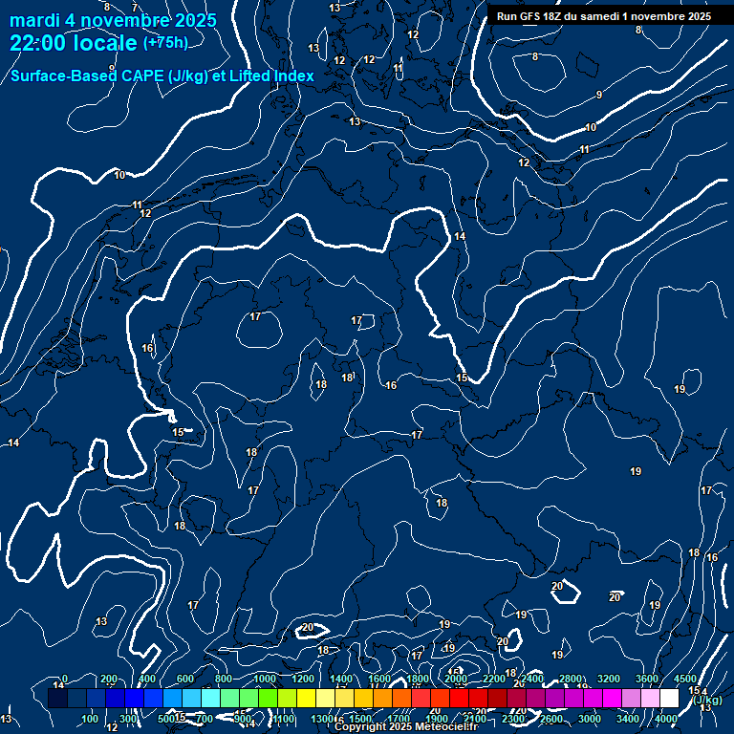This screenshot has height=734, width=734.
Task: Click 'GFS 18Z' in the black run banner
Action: click(540, 16)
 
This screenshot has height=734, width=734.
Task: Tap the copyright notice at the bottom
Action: click(406, 727)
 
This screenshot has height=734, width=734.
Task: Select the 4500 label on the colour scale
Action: click(685, 679)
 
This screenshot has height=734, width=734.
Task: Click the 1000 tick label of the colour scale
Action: click(264, 679)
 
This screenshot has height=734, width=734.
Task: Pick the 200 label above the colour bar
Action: click(108, 679)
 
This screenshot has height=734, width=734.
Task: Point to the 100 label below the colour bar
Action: click(90, 719)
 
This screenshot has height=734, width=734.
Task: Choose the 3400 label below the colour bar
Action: click(628, 719)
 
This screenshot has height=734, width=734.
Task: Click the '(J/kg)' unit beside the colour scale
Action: click(708, 700)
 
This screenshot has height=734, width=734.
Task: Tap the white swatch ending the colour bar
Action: click(669, 699)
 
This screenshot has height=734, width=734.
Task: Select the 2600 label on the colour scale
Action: click(551, 719)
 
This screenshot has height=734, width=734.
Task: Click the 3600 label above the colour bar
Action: click(647, 679)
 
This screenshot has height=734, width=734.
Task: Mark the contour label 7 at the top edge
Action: click(135, 8)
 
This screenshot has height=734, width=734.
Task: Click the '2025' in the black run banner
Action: click(697, 16)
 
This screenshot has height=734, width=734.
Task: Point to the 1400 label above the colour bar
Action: click(341, 679)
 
